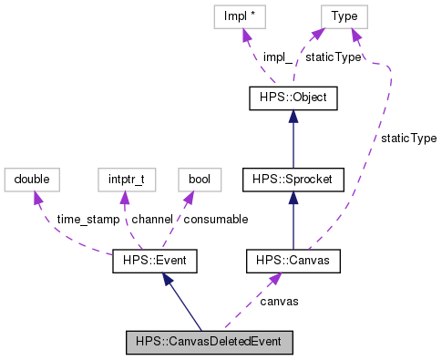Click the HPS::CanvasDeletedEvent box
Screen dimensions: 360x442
click(x=210, y=343)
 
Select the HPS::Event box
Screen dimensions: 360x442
click(x=154, y=262)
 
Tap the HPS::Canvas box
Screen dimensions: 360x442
click(x=293, y=262)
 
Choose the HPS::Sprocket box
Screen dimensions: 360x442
click(x=293, y=180)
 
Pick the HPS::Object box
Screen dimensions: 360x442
click(x=293, y=97)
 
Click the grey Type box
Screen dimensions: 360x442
click(x=343, y=15)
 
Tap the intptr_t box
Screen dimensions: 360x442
click(x=120, y=179)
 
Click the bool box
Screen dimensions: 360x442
click(x=199, y=179)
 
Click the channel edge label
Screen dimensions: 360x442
click(x=152, y=220)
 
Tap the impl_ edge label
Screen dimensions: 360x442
click(x=277, y=57)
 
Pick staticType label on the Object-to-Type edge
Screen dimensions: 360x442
click(x=332, y=57)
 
